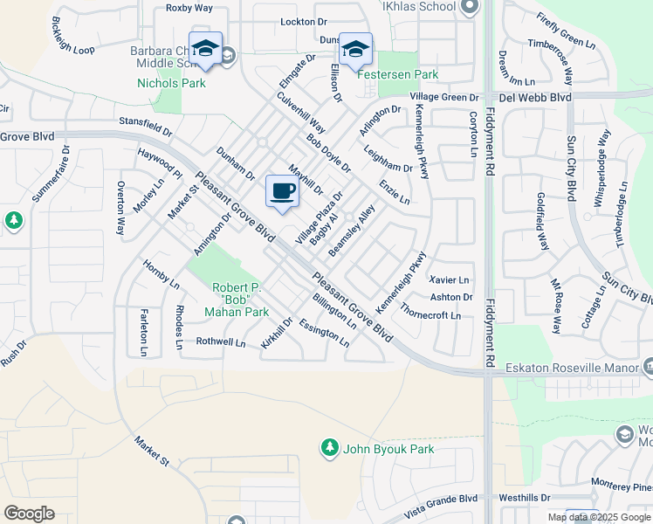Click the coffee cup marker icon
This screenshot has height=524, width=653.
pyautogui.click(x=281, y=191)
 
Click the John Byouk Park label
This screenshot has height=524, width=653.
pyautogui.click(x=388, y=449)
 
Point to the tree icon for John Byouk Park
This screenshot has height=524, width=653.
pyautogui.click(x=329, y=448)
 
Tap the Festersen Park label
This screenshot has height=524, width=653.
pyautogui.click(x=398, y=75)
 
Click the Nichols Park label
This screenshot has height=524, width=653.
pyautogui.click(x=171, y=84)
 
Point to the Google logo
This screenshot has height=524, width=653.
pyautogui.click(x=29, y=514)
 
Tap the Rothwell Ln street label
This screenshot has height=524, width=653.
pyautogui.click(x=221, y=342)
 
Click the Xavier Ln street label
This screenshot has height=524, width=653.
pyautogui.click(x=450, y=279)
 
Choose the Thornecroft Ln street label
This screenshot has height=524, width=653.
pyautogui.click(x=430, y=311)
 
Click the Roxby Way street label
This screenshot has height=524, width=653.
pyautogui.click(x=189, y=8)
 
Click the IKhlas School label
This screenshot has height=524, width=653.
pyautogui.click(x=419, y=7)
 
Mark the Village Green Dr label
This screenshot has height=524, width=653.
pyautogui.click(x=444, y=97)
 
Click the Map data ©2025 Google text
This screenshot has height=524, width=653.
pyautogui.click(x=599, y=517)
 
